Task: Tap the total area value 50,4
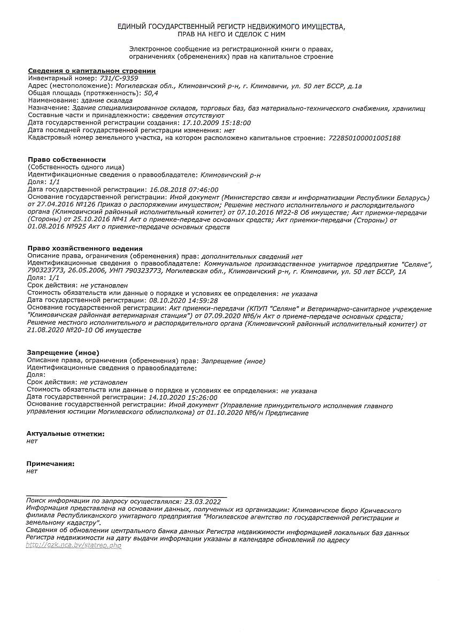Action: pos(144,93)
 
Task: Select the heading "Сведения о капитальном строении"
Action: pos(91,71)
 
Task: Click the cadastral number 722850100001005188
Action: pos(364,138)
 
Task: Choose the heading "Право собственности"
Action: pos(67,160)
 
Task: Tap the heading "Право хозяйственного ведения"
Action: pos(85,248)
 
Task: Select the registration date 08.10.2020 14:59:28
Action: pos(182,301)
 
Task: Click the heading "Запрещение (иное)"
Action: pos(63,353)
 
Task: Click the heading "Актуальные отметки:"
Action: pos(65,434)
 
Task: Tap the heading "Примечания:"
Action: pos(50,464)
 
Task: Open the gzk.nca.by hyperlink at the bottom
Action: pos(74,545)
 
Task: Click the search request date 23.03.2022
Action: pos(202,502)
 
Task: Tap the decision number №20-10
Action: pos(76,331)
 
